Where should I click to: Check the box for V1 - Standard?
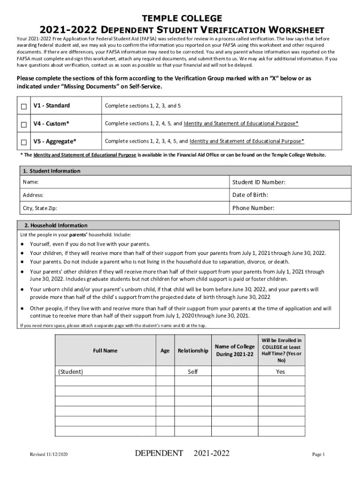pos(23,107)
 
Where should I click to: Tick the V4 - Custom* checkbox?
pos(23,124)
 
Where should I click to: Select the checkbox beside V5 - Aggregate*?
pos(23,142)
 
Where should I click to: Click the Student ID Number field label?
pos(259,182)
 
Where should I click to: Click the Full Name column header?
pos(105,350)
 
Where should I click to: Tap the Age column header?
pos(165,350)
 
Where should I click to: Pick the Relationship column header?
pos(193,350)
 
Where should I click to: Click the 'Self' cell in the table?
pos(193,372)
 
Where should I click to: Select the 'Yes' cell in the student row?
pos(281,372)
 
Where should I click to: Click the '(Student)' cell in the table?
pos(71,372)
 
